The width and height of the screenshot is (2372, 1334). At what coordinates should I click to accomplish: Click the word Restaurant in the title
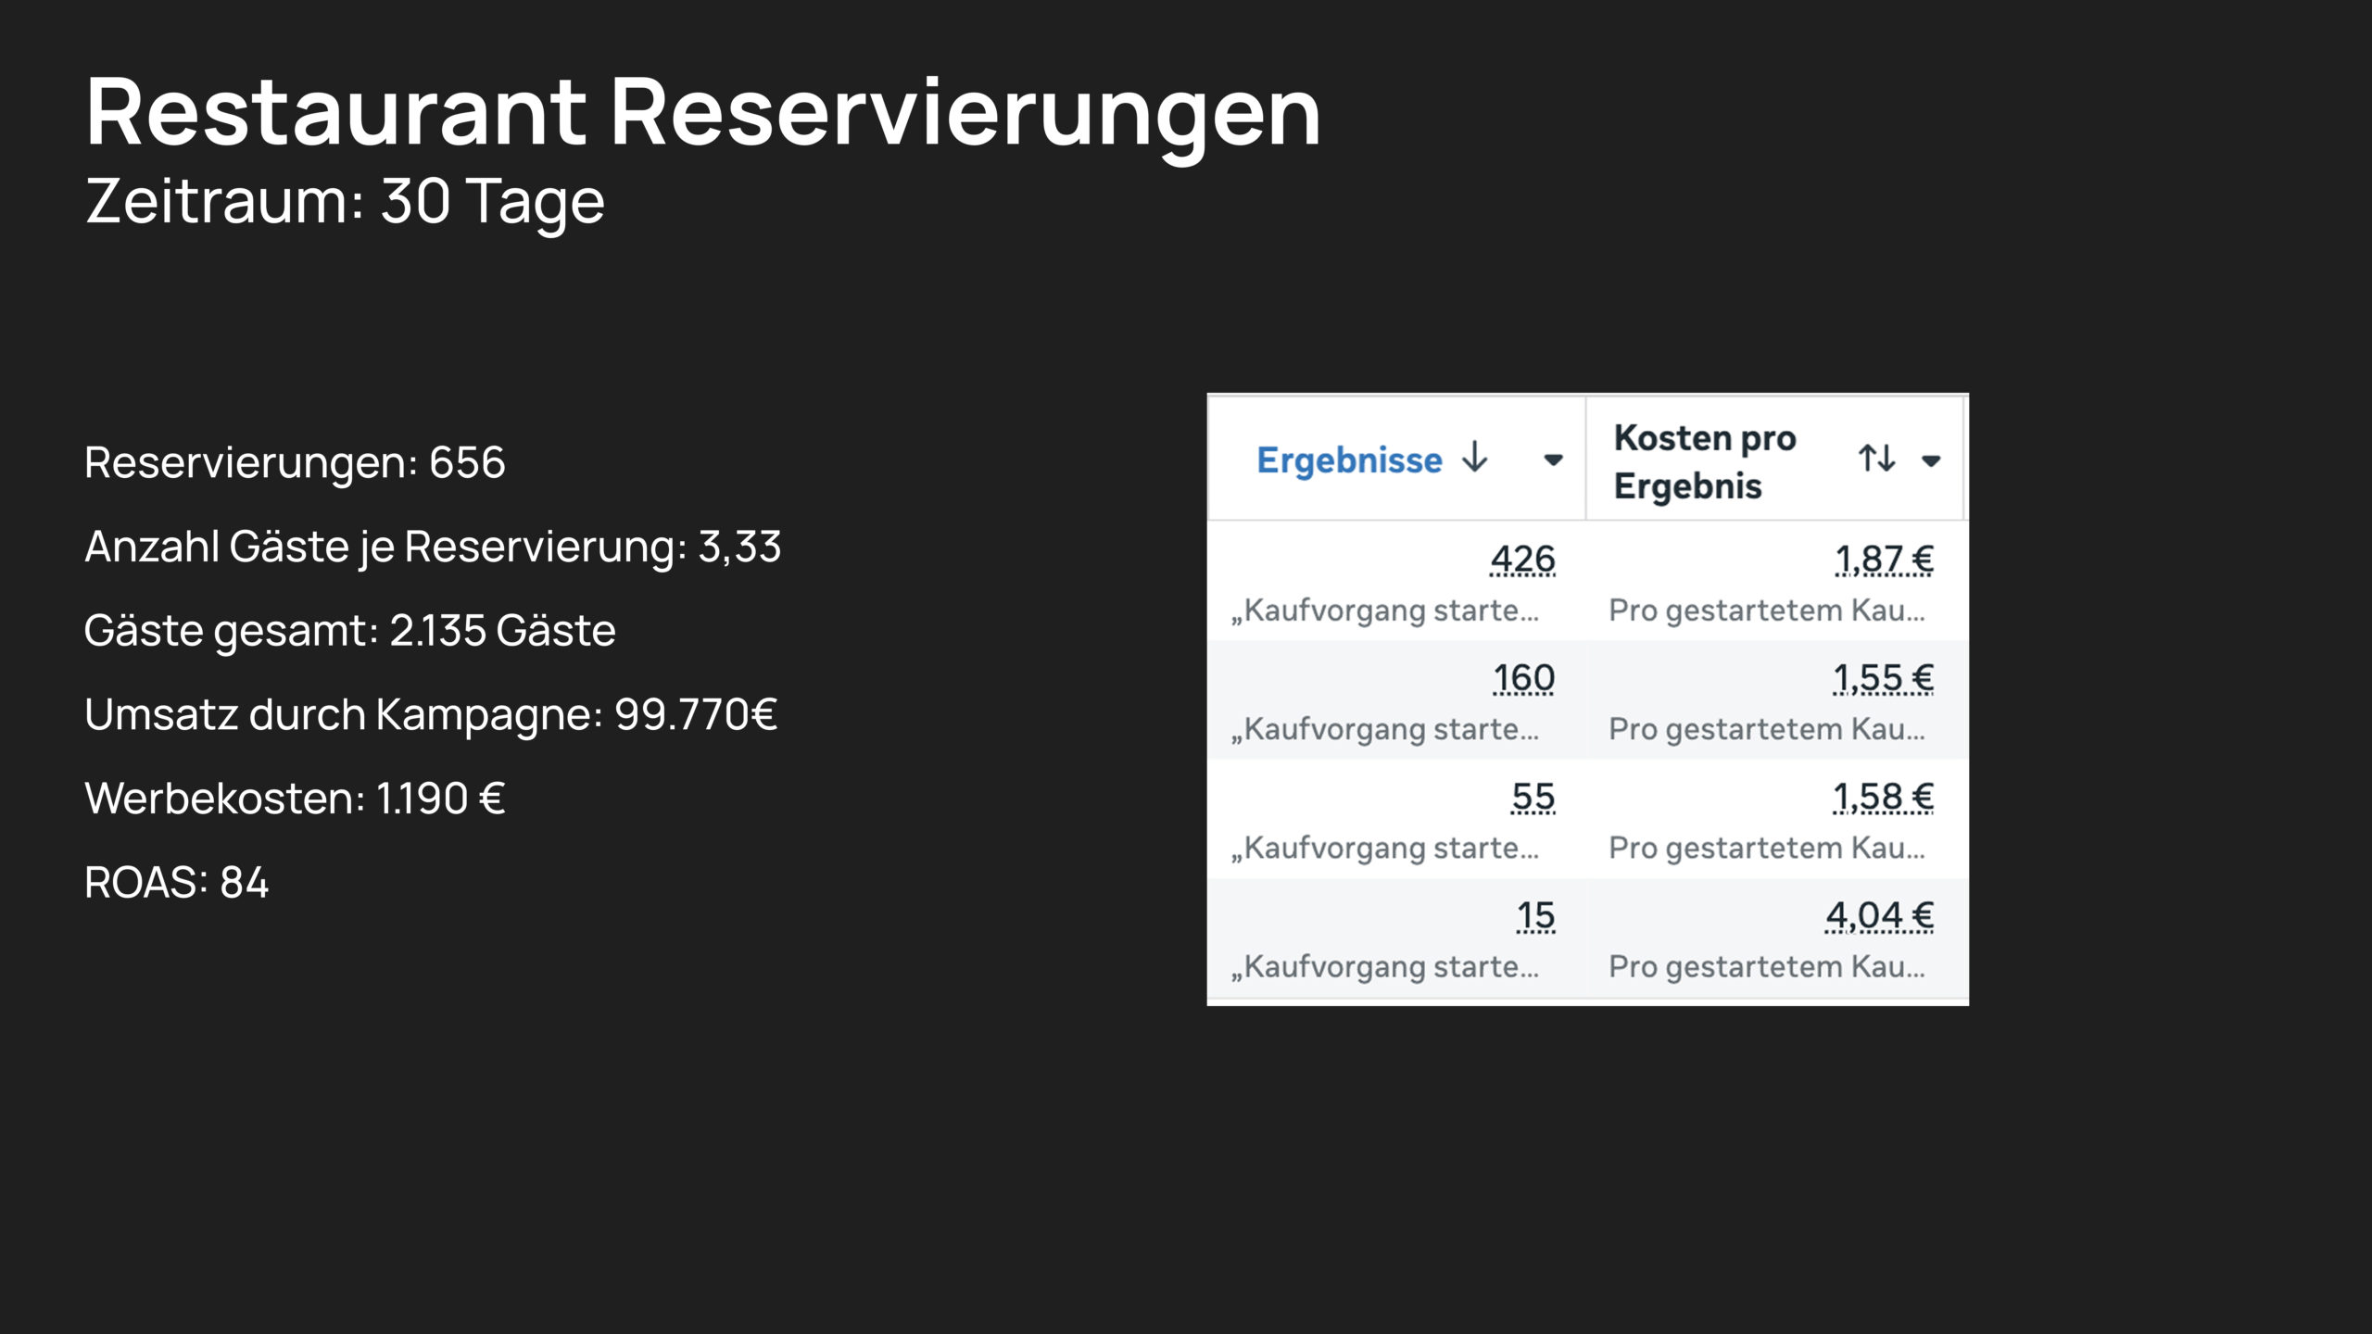tap(335, 112)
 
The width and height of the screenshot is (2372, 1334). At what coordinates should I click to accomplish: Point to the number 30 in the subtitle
tap(415, 201)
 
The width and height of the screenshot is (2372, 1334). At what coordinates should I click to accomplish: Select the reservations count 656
tap(467, 462)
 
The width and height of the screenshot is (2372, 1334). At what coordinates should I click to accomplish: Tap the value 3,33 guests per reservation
tap(739, 547)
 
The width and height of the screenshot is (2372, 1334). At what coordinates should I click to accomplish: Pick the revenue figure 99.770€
tap(695, 714)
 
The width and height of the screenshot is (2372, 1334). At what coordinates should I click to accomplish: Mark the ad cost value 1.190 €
tap(440, 799)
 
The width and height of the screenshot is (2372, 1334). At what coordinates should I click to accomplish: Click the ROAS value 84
tap(244, 883)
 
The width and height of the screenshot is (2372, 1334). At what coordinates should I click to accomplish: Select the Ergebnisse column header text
tap(1349, 460)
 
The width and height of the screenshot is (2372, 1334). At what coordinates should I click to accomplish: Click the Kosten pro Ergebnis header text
tap(1705, 461)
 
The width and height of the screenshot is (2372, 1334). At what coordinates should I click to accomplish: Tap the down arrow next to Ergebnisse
tap(1474, 458)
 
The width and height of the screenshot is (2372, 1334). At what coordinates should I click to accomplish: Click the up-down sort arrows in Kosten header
tap(1877, 458)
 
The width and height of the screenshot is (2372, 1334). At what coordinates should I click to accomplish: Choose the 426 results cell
tap(1522, 560)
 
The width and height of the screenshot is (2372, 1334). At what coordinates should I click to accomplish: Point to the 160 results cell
tap(1523, 678)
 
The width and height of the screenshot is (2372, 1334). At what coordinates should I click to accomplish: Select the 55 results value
tap(1533, 797)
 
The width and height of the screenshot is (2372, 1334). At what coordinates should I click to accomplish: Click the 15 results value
tap(1535, 915)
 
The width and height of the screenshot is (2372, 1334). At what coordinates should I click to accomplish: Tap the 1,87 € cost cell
tap(1885, 560)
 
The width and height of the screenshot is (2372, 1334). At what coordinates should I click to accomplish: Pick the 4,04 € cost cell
tap(1879, 915)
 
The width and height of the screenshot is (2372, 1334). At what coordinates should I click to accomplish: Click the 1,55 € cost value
tap(1884, 678)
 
